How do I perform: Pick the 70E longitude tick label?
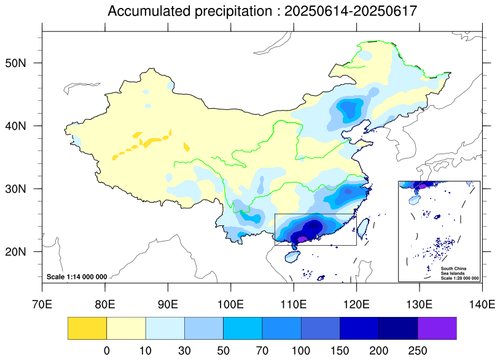(x=42, y=304)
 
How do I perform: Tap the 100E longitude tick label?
(x=231, y=304)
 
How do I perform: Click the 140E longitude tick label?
(x=482, y=304)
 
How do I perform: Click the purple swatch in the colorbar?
(x=437, y=328)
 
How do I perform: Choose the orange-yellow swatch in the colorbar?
(x=87, y=328)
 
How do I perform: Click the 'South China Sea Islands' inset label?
(x=453, y=271)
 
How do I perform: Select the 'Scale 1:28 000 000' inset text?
(x=459, y=278)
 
